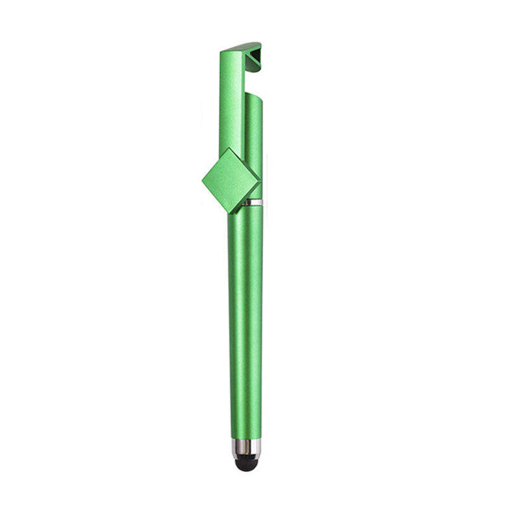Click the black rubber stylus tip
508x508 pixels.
[x=246, y=464]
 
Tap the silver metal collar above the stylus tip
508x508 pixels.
[x=246, y=448]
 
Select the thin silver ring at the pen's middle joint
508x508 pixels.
[x=253, y=203]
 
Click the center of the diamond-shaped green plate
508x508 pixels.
[x=231, y=181]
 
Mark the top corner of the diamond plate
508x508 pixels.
[x=227, y=149]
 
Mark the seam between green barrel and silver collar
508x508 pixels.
[x=246, y=439]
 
